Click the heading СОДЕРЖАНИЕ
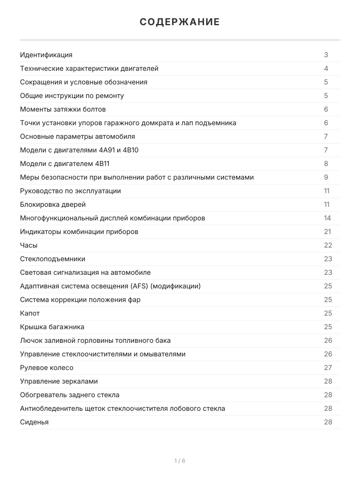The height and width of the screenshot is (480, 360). (180, 22)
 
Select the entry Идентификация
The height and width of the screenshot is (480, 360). (46, 55)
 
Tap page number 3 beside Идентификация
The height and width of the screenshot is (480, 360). (326, 55)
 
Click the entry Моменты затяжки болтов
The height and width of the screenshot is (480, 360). (63, 109)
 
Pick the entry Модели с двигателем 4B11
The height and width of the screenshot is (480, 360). (64, 164)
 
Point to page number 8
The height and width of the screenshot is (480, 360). (326, 164)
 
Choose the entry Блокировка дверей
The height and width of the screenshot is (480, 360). (53, 204)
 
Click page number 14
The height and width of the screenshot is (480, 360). (328, 218)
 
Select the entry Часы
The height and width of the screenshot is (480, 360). (29, 245)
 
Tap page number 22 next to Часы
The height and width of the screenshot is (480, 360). (328, 245)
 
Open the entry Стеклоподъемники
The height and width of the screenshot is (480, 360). (52, 259)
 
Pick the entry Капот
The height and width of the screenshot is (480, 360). (30, 313)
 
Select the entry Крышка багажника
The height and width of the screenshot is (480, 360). (52, 327)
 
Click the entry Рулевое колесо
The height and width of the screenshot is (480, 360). (47, 368)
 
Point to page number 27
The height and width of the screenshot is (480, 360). (328, 368)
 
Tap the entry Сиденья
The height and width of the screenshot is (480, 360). (34, 422)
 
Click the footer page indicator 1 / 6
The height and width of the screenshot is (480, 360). (180, 461)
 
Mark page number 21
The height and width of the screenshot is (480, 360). (328, 232)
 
